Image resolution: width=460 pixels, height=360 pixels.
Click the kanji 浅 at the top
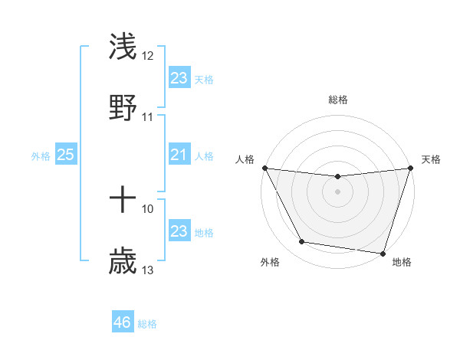tap(123, 47)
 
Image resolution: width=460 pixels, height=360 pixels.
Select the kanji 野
tap(123, 106)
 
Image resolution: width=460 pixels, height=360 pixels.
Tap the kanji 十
tap(123, 200)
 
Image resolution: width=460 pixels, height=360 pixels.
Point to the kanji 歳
tap(123, 260)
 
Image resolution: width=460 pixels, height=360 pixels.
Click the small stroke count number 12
tap(148, 56)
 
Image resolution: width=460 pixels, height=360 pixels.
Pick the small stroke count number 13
tap(148, 270)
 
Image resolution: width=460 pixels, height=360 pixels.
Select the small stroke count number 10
tap(148, 208)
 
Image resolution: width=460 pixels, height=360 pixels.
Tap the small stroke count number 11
tap(148, 116)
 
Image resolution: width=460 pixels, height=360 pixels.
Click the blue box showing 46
tap(123, 322)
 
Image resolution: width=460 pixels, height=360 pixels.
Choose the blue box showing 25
tap(66, 155)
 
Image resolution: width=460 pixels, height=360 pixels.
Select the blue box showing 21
tap(179, 155)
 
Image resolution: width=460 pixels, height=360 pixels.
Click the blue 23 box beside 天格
tap(179, 78)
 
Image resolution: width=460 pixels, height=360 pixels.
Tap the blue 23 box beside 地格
tap(179, 231)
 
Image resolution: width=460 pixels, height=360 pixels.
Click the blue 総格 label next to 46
tap(147, 324)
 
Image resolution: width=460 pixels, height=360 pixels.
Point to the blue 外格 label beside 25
tap(41, 156)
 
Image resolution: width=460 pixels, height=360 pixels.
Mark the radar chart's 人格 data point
tap(264, 168)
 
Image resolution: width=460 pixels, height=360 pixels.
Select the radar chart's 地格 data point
tap(383, 253)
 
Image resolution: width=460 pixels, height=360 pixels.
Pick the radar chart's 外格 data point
tap(302, 242)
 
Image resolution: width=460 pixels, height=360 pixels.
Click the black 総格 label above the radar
tap(337, 100)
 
